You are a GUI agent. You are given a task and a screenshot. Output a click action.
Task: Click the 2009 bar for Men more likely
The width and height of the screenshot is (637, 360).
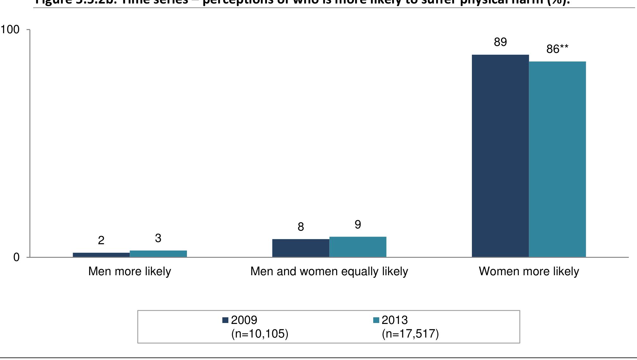coord(101,255)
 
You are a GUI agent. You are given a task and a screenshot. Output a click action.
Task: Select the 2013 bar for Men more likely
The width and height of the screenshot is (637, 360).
coord(158,254)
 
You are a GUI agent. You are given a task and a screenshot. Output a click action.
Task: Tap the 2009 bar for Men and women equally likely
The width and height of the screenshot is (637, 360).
coord(301,248)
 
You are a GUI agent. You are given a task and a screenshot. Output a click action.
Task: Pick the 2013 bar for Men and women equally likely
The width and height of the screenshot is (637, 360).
coord(358,247)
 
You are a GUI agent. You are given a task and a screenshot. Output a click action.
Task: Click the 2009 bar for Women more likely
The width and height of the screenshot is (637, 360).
coord(500,156)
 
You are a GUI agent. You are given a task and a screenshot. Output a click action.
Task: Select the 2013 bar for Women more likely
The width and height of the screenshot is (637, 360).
coord(557,159)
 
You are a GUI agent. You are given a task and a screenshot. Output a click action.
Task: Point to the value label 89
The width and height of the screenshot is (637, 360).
coord(500,42)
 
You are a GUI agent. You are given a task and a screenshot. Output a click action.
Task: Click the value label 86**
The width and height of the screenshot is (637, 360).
coord(557,49)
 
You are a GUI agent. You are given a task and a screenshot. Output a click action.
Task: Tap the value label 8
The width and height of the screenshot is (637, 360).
coord(301,227)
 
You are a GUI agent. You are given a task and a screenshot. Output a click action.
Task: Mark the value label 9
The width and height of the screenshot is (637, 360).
coord(358,225)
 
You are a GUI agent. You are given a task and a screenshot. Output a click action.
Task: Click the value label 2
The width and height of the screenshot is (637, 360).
coord(101,241)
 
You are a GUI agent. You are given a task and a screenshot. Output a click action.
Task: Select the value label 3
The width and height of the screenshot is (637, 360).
coord(158,238)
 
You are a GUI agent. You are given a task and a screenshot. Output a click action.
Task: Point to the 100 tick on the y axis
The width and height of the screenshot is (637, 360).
coord(10,30)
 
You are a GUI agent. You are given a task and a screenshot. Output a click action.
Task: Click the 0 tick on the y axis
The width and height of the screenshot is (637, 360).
coord(16,258)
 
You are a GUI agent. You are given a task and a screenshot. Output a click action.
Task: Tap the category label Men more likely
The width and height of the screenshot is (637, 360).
coord(130,271)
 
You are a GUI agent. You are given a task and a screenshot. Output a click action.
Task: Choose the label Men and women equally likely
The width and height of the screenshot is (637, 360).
coord(329,271)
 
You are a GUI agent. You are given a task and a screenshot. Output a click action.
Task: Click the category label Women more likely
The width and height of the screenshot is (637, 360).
coord(529,271)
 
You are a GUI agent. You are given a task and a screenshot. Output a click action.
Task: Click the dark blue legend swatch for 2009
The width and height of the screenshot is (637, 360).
coord(226,320)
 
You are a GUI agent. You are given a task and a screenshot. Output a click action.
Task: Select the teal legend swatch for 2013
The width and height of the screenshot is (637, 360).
coord(376,320)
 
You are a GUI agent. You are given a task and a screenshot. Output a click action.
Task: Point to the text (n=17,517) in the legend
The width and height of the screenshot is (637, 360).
coord(410,334)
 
